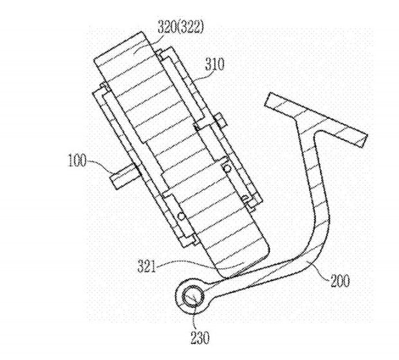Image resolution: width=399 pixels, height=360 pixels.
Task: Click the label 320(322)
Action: point(181,27)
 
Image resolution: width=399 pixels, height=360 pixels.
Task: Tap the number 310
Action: point(215,64)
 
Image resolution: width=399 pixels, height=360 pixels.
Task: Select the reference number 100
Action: point(77,161)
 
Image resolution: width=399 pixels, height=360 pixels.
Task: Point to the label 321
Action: point(147,265)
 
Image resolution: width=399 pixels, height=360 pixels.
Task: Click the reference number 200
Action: point(340,281)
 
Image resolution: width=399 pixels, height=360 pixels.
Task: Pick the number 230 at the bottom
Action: point(200,338)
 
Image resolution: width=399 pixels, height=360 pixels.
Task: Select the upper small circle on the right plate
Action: point(227,168)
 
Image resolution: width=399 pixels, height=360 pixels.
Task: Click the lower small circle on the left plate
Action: point(181,217)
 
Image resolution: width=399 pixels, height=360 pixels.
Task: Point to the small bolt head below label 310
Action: point(220,120)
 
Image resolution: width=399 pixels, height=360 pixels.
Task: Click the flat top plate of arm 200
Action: point(316,120)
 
